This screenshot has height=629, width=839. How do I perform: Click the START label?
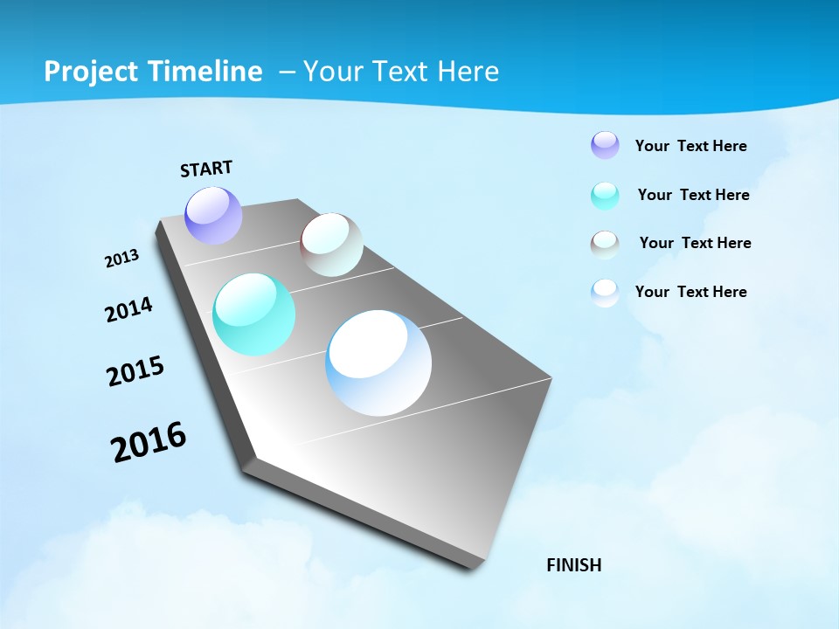tap(206, 168)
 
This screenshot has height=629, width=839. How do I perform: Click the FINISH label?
tap(573, 565)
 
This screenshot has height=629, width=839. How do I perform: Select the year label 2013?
tap(121, 259)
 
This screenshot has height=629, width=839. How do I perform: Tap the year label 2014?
tap(128, 309)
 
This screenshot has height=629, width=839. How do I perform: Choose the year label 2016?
tap(149, 442)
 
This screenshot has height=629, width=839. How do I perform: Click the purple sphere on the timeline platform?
tap(213, 215)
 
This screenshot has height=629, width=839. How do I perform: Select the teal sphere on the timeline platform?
tap(253, 314)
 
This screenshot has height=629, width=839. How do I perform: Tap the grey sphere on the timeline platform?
tap(331, 245)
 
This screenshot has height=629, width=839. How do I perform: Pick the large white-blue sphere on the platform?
tap(378, 363)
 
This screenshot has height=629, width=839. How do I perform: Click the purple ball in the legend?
tap(605, 145)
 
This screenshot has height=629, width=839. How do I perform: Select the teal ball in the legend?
tap(605, 196)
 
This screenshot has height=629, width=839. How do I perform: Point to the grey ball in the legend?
tap(605, 245)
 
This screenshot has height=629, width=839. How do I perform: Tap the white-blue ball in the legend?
tap(605, 293)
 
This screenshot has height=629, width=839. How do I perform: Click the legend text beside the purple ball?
tap(690, 146)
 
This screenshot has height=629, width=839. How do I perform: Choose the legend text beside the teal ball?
tap(693, 195)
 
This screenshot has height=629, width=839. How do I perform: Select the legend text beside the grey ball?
tap(695, 243)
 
